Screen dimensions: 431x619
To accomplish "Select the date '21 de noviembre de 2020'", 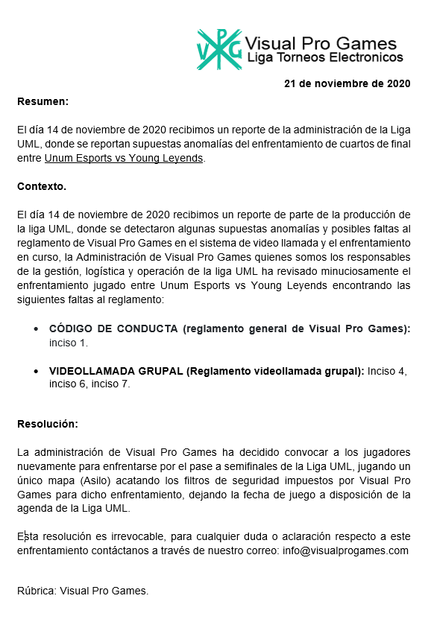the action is [x=347, y=83].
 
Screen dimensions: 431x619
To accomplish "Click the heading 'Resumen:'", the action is [x=43, y=101].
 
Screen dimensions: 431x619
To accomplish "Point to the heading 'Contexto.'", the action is [x=42, y=186].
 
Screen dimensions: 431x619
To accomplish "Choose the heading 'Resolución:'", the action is [x=48, y=424].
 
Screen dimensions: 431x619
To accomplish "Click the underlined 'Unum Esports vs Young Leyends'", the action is [x=124, y=158].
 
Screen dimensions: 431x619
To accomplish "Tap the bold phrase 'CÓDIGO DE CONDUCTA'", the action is [x=114, y=328].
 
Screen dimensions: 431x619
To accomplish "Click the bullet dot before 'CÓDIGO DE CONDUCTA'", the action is [x=37, y=329].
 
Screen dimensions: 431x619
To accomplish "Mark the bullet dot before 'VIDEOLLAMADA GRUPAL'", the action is [x=37, y=372].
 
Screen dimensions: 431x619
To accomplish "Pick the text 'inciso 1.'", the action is [x=69, y=343].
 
